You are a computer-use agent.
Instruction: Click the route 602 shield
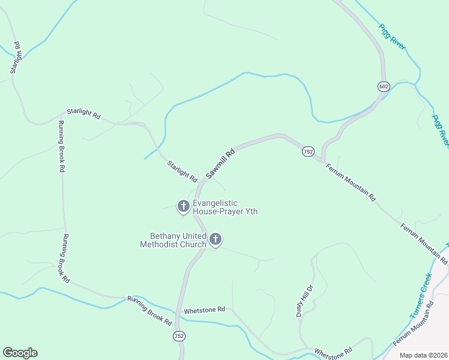pos(384,86)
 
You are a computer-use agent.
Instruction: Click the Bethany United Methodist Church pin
pos(215,240)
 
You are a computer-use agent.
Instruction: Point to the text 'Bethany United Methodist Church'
pos(173,240)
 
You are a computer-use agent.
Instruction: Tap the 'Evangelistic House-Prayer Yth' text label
pos(224,207)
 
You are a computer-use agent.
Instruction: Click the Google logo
pos(20,353)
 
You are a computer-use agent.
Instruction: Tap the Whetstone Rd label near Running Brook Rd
pos(204,310)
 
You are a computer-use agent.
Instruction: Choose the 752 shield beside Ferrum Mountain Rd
pos(308,152)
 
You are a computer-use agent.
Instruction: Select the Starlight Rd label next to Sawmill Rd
pos(182,171)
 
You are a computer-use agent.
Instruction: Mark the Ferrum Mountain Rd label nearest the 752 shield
pos(351,181)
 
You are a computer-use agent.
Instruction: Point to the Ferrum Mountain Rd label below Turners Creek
pos(414,325)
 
